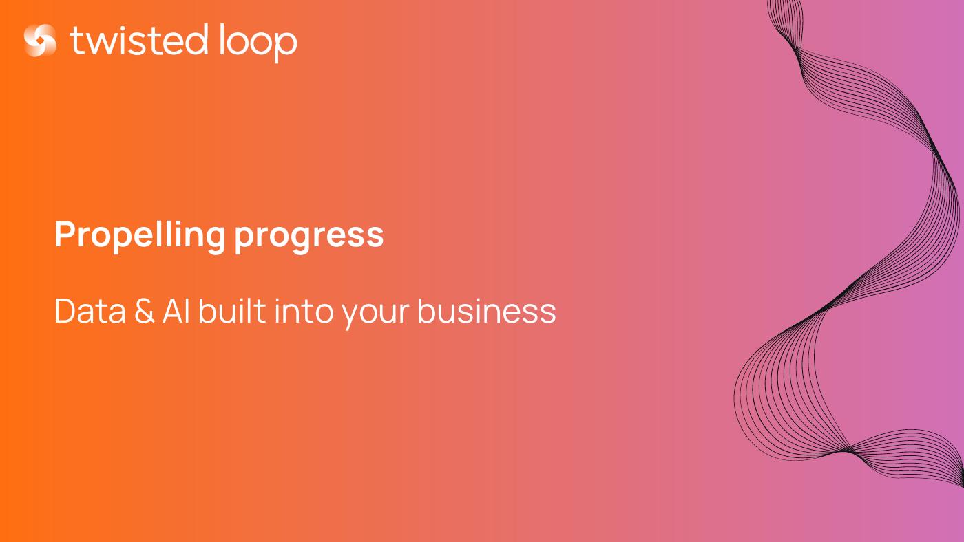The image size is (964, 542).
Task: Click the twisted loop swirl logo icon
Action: click(40, 41)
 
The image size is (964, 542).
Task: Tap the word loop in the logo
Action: click(258, 43)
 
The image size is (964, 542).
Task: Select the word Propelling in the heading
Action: click(140, 236)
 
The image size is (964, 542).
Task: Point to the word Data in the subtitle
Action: click(90, 310)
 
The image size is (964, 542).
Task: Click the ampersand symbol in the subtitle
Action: click(144, 310)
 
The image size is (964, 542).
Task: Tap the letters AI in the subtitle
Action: click(176, 310)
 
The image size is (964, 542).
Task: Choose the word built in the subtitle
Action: click(231, 310)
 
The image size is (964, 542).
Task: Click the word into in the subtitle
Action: click(304, 310)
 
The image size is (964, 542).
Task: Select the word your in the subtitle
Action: click(375, 315)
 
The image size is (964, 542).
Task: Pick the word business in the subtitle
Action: click(486, 310)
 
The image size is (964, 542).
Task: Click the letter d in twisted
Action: click(196, 39)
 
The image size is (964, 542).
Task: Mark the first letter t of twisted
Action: click(76, 41)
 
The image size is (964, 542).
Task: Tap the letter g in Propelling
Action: click(213, 240)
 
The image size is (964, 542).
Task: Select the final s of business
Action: click(547, 314)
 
